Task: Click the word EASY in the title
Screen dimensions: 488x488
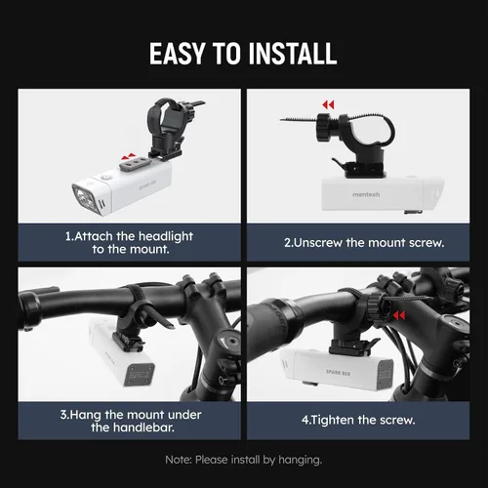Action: pyautogui.click(x=177, y=54)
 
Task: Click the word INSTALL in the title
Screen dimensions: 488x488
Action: pyautogui.click(x=293, y=54)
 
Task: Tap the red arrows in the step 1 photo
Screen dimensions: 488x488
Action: pyautogui.click(x=128, y=156)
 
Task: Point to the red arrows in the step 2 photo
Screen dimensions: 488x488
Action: pyautogui.click(x=328, y=104)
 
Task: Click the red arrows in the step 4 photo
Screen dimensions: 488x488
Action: pyautogui.click(x=399, y=315)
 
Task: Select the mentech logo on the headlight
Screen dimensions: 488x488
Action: pyautogui.click(x=366, y=194)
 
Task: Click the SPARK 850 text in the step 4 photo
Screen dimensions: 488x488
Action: pyautogui.click(x=339, y=372)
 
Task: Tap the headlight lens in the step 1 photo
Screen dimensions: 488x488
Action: pyautogui.click(x=83, y=197)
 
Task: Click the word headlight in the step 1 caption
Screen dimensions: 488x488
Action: pyautogui.click(x=166, y=236)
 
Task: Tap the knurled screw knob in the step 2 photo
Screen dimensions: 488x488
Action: pyautogui.click(x=324, y=127)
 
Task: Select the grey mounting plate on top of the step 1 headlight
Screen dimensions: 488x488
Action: pyautogui.click(x=136, y=164)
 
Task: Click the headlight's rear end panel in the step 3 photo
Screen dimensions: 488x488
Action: pyautogui.click(x=140, y=375)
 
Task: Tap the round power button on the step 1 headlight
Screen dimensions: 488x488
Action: pyautogui.click(x=104, y=178)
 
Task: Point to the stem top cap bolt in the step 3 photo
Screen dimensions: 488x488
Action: pyautogui.click(x=232, y=343)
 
